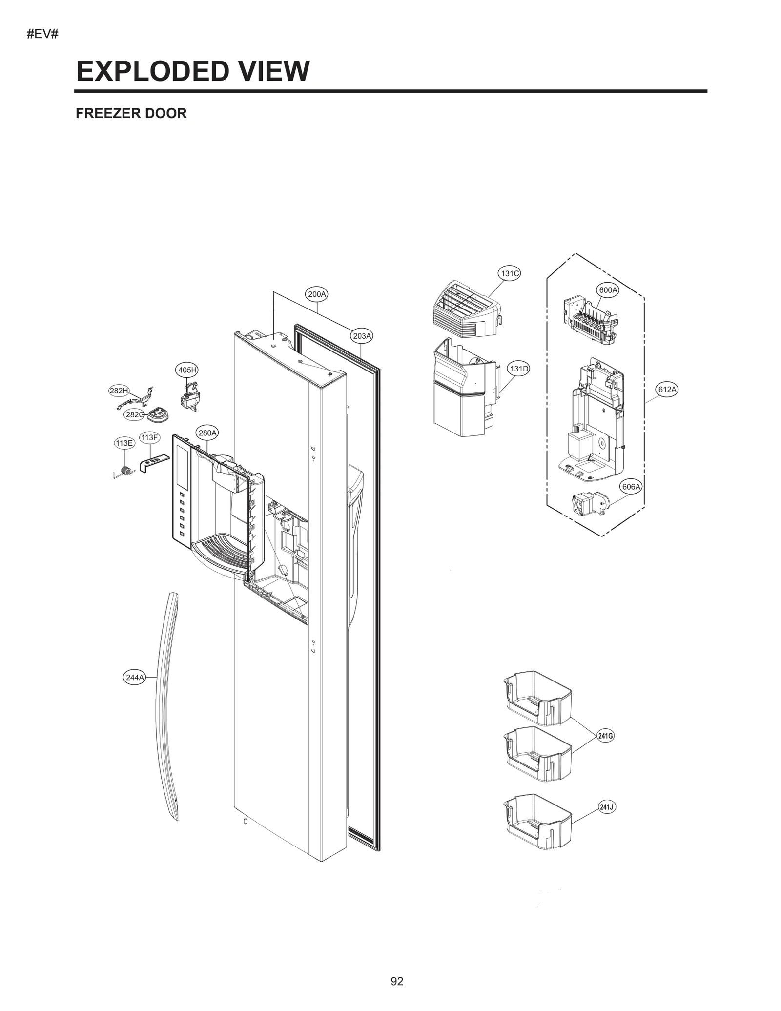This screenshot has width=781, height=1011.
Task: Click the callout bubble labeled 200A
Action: (317, 294)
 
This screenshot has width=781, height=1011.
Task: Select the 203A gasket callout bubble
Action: (362, 336)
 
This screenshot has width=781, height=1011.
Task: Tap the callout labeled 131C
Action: (509, 273)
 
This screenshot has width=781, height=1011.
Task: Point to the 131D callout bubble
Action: (519, 369)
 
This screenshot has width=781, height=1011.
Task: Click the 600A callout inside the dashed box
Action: (608, 290)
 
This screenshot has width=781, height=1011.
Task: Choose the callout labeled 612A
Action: (667, 389)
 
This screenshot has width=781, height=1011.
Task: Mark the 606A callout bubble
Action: (631, 487)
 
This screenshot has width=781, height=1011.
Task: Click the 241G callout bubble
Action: (605, 749)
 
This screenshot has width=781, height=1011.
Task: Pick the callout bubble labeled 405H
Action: (187, 370)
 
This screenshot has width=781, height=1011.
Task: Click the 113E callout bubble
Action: (124, 443)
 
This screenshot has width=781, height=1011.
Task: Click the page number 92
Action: (397, 981)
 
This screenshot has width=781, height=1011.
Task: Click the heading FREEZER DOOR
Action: (131, 113)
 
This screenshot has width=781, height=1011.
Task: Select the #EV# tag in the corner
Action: (43, 35)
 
